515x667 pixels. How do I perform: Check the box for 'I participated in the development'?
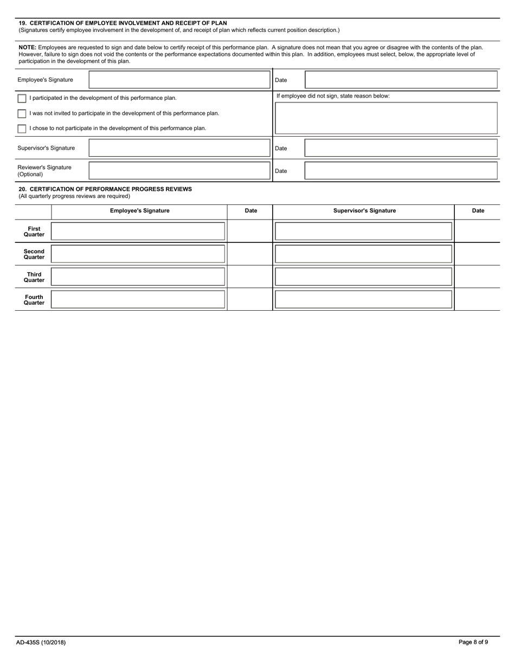(22, 98)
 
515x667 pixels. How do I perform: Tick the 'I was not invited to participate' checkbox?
(22, 113)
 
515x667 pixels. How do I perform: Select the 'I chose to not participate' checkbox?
(22, 129)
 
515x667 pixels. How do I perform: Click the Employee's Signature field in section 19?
(179, 80)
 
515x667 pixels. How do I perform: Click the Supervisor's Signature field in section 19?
(179, 148)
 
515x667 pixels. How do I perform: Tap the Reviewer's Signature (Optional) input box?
(179, 171)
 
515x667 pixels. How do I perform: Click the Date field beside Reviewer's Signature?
(401, 171)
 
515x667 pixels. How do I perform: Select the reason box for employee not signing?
(386, 118)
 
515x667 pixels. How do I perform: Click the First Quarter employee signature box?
(138, 231)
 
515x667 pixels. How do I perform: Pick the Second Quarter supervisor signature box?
(363, 254)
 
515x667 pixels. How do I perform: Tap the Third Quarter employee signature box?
(138, 277)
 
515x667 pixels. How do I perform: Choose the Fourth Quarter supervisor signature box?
(363, 299)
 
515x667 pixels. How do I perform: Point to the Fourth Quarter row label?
(34, 300)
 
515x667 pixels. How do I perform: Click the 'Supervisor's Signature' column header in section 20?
(364, 211)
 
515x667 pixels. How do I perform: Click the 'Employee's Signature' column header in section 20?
(139, 211)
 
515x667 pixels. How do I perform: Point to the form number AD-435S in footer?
(41, 643)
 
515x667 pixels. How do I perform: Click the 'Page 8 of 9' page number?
(473, 643)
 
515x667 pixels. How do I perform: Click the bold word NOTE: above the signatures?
(28, 48)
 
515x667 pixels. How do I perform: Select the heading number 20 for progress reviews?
(22, 189)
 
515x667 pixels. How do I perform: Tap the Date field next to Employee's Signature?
(401, 80)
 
